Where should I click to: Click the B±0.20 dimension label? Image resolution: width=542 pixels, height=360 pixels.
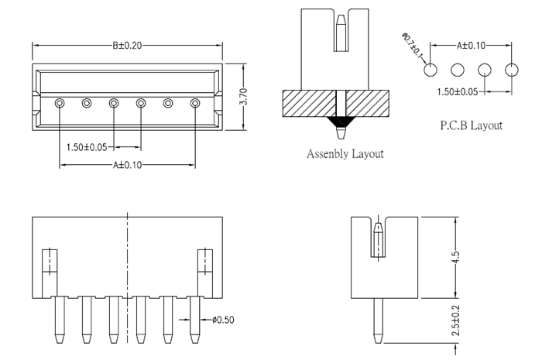127,46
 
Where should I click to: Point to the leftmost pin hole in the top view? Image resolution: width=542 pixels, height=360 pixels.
59,102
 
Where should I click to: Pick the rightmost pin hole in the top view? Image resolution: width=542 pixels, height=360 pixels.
194,102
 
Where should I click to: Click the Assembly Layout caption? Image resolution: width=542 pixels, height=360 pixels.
345,153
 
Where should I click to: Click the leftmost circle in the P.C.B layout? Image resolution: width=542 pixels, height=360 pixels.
431,70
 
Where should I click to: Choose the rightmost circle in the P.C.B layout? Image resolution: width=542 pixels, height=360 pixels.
510,70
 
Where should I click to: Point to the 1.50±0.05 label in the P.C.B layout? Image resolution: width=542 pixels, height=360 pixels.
456,91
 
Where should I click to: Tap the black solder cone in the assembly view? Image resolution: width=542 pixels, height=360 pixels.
339,122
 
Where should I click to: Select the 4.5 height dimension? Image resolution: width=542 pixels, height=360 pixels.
456,257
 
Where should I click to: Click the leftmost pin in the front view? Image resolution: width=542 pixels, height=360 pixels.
59,321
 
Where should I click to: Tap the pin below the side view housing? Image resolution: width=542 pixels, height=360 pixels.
376,321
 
